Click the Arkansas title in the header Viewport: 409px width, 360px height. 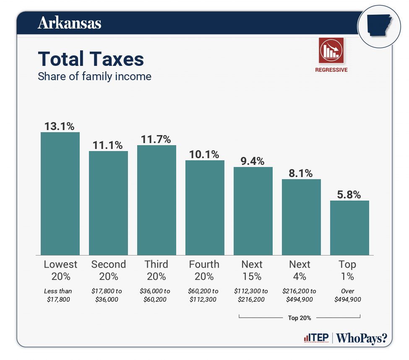pyautogui.click(x=70, y=23)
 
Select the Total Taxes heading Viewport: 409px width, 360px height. pyautogui.click(x=91, y=59)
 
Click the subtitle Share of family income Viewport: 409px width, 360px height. pyautogui.click(x=94, y=76)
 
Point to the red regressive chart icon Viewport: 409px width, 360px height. pyautogui.click(x=331, y=50)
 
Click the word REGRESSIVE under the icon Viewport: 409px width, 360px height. pyautogui.click(x=331, y=70)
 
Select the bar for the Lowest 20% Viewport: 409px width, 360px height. pyautogui.click(x=60, y=193)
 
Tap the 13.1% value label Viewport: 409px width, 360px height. pyautogui.click(x=60, y=126)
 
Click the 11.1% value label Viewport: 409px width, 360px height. pyautogui.click(x=108, y=145)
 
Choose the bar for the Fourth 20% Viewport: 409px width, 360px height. pyautogui.click(x=205, y=208)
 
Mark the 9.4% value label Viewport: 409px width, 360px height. pyautogui.click(x=253, y=161)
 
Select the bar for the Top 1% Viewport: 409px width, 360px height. pyautogui.click(x=349, y=227)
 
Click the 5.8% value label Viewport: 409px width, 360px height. pyautogui.click(x=349, y=194)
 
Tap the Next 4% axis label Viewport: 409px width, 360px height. pyautogui.click(x=300, y=270)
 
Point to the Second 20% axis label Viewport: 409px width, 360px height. pyautogui.click(x=108, y=270)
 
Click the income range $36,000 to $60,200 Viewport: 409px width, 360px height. pyautogui.click(x=156, y=295)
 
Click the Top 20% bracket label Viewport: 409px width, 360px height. pyautogui.click(x=300, y=318)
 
